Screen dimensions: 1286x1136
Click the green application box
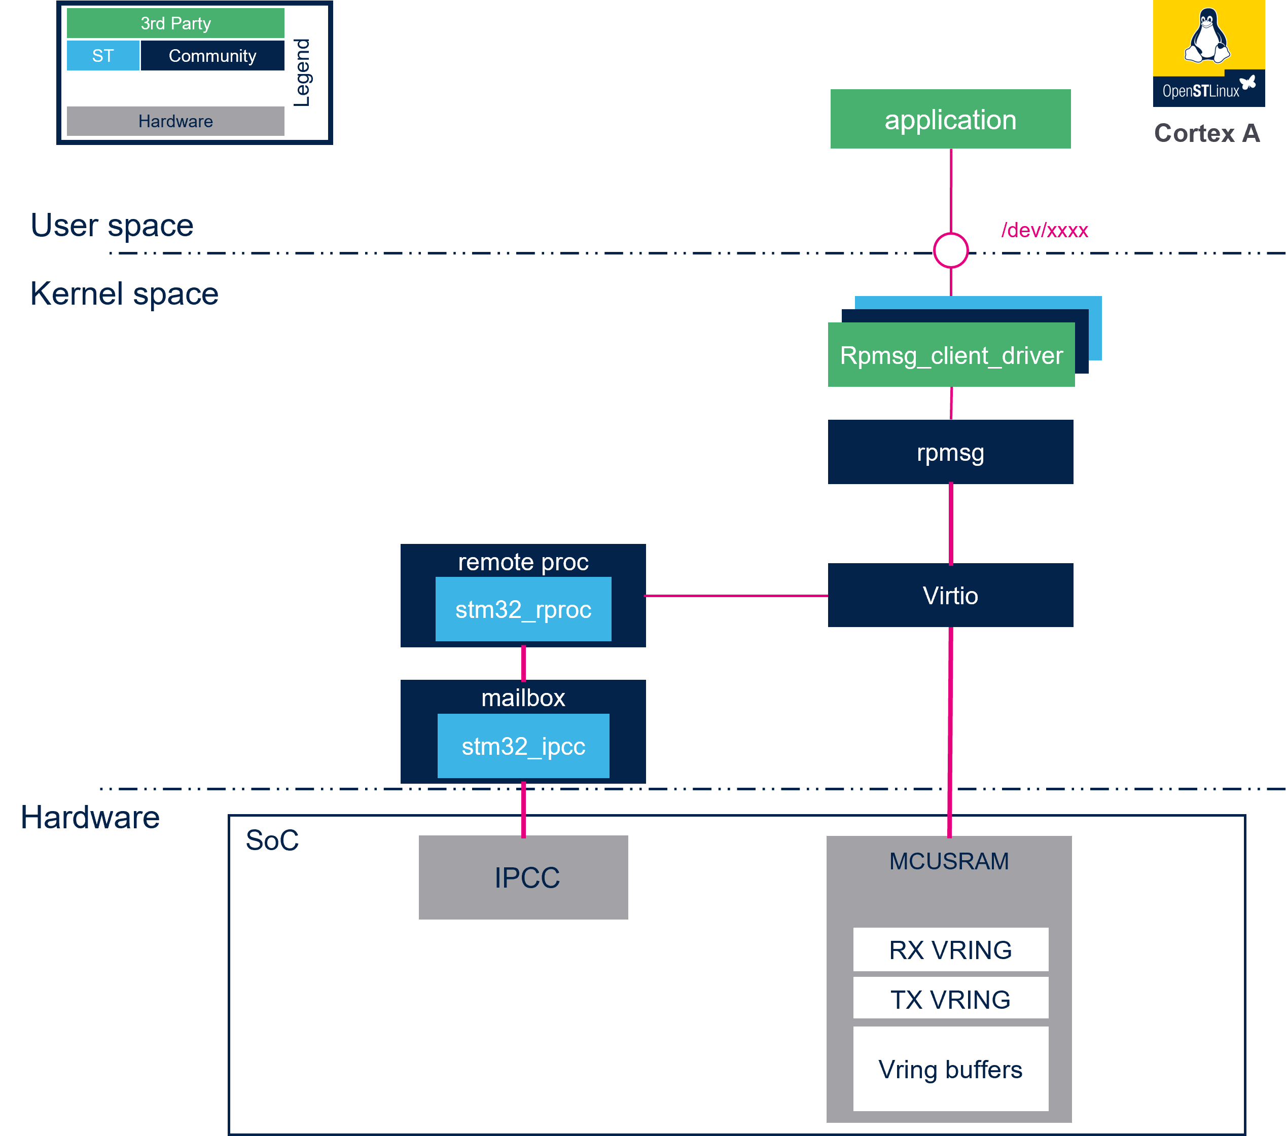[x=950, y=119]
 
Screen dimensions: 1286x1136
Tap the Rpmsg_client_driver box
[x=951, y=355]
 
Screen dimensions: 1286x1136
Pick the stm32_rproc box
[x=523, y=609]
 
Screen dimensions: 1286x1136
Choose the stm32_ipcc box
[x=523, y=746]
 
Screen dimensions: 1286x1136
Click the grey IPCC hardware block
[x=523, y=877]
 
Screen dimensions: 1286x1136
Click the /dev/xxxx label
[x=1045, y=230]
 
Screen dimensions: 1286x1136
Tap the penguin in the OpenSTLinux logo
[x=1207, y=36]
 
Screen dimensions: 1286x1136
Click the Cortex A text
[x=1207, y=133]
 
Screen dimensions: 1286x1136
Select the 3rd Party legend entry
[x=175, y=23]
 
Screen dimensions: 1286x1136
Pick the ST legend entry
[x=103, y=56]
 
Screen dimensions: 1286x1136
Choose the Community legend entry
[x=212, y=56]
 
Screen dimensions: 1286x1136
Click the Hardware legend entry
[x=175, y=121]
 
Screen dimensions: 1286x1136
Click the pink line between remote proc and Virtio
[x=737, y=595]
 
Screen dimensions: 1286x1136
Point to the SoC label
[x=272, y=840]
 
